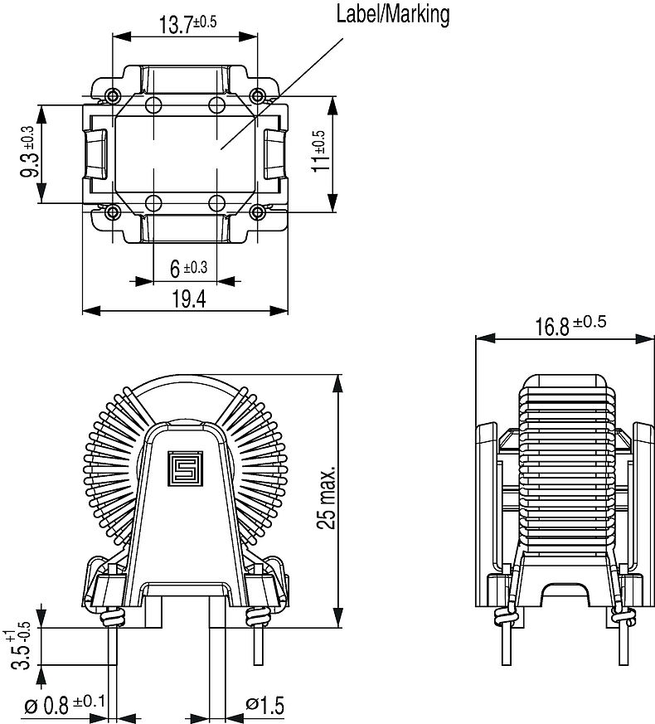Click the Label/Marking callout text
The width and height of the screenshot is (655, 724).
tap(392, 14)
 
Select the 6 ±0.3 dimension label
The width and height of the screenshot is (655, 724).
tap(188, 267)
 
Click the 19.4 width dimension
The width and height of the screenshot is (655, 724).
tap(187, 299)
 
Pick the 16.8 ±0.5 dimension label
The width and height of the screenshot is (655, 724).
tap(570, 324)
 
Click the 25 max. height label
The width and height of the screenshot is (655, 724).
tap(328, 498)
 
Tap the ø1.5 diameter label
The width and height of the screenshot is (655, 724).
tap(265, 706)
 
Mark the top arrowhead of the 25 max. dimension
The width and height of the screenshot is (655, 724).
tap(338, 382)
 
